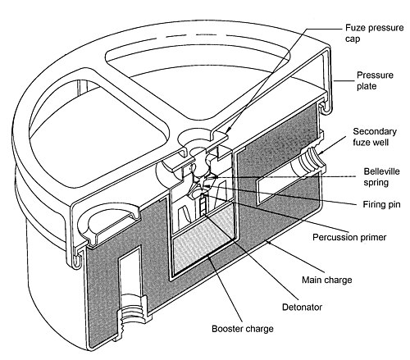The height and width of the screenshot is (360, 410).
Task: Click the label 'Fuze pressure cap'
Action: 374,33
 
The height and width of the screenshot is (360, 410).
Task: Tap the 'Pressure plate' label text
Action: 375,80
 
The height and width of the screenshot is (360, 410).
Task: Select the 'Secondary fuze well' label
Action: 375,137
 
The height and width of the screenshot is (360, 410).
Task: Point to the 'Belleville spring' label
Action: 381,177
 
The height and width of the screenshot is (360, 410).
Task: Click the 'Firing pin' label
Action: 381,204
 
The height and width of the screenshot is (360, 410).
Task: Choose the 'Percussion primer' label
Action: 349,237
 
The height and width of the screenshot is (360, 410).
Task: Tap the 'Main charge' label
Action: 327,280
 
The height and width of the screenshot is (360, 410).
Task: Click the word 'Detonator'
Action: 302,307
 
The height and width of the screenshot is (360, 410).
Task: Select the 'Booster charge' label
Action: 243,328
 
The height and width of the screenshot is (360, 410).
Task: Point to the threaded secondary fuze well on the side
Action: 309,162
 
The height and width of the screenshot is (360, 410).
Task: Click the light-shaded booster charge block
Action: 203,240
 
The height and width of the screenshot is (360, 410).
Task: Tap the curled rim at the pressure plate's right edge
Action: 326,107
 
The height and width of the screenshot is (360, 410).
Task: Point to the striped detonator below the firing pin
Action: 203,204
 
